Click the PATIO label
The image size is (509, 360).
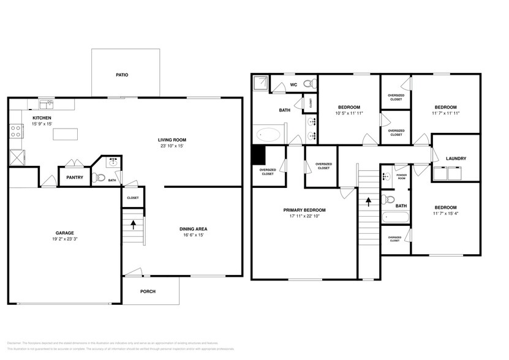pos(122,75)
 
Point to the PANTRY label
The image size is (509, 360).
pos(75,178)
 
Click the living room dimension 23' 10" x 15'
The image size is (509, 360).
pos(171,146)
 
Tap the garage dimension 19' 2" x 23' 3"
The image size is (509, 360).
pos(66,239)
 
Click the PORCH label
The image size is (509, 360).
pos(148,291)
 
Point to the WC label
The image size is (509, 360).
pos(293,84)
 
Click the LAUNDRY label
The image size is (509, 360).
pos(456,159)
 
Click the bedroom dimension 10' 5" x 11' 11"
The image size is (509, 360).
pos(350,113)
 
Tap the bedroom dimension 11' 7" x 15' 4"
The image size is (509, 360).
pos(445,214)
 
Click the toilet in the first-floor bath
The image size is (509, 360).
pos(102,178)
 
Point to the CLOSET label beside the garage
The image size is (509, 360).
pos(132,198)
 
